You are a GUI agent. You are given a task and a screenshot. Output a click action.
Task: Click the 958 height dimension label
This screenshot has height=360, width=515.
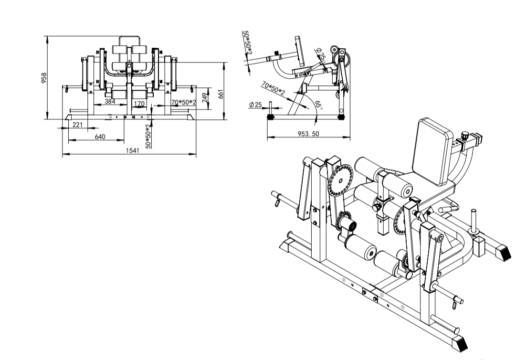(44, 78)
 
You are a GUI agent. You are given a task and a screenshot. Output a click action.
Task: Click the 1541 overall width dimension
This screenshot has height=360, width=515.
(133, 150)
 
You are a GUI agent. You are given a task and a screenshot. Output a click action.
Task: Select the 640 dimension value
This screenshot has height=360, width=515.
(100, 137)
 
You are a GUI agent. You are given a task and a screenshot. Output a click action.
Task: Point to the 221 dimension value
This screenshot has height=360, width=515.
(77, 125)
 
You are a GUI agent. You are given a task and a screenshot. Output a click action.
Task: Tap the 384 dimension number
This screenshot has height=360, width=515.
(110, 102)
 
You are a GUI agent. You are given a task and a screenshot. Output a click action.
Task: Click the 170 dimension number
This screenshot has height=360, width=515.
(139, 104)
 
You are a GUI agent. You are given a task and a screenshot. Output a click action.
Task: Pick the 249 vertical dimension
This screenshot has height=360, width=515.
(205, 98)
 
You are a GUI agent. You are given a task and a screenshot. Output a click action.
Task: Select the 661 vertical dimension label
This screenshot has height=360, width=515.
(221, 94)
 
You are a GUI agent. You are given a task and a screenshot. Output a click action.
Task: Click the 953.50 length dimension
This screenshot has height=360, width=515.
(308, 134)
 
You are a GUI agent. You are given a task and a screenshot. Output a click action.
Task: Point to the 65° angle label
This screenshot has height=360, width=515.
(318, 105)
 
